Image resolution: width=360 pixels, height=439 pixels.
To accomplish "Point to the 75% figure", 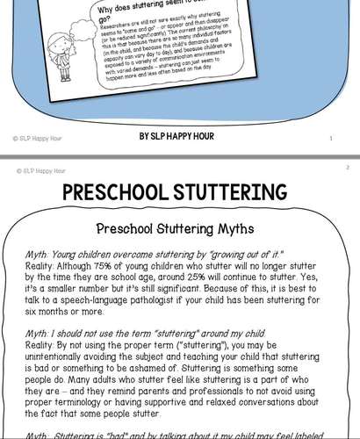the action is [x=119, y=263].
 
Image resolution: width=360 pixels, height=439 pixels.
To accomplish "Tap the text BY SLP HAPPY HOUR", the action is [x=179, y=138].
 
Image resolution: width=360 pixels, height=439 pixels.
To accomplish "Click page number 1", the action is [x=330, y=138].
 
